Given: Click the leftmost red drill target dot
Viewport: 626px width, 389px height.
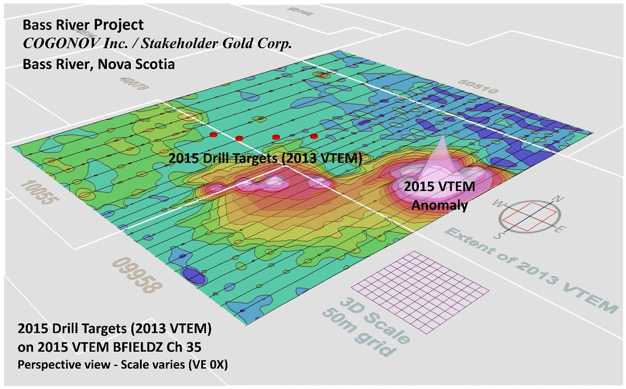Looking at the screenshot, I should click(x=213, y=134).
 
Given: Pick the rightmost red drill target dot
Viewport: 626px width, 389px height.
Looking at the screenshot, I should click(x=313, y=136).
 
